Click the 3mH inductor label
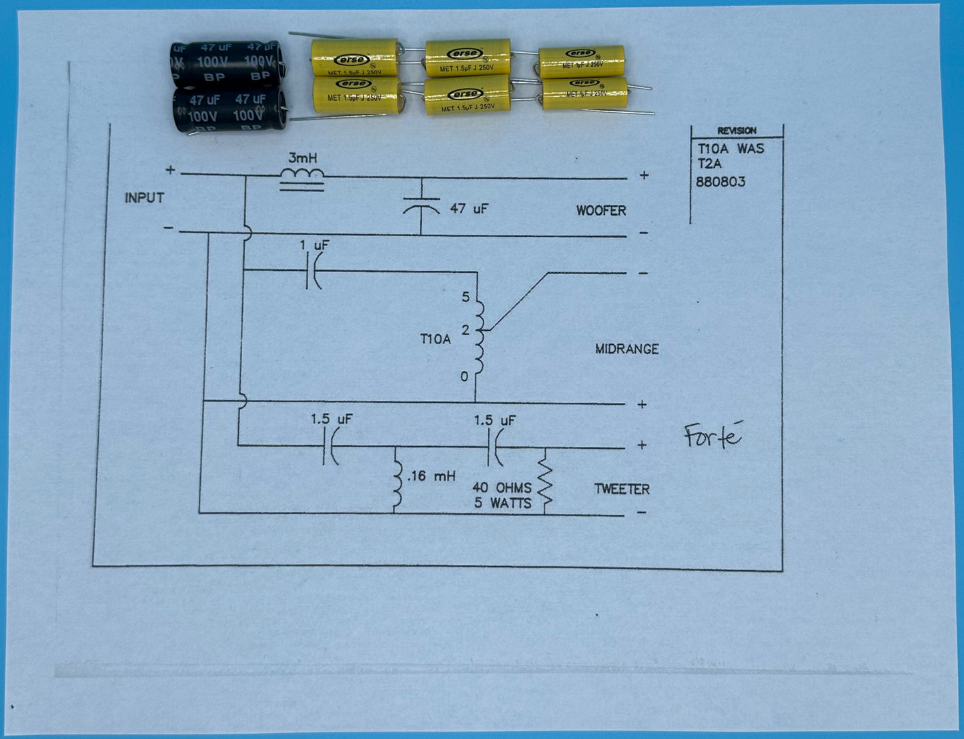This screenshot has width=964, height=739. coord(302,159)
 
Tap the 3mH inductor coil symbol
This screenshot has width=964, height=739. coord(302,175)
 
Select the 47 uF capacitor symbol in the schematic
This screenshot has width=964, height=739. coord(422,206)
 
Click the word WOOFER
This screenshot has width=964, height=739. coord(601,211)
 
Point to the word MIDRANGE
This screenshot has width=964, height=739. coord(626,349)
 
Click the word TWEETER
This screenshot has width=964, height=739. coord(622,489)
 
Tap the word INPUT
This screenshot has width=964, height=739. coord(144,198)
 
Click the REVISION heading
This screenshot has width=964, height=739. coord(737,131)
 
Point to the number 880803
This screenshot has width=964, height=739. coord(720,181)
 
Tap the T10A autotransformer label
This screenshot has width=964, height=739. coord(435,339)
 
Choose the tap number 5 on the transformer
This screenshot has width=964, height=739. coord(466,297)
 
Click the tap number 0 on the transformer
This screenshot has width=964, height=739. coord(464,377)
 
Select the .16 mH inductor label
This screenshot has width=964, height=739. coord(430,476)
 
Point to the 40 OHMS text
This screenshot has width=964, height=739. coord(502,488)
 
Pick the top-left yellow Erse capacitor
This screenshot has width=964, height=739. coord(354,57)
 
